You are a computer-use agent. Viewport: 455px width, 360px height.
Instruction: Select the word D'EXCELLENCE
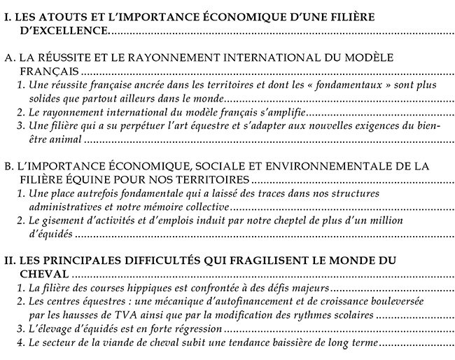coord(65,32)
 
